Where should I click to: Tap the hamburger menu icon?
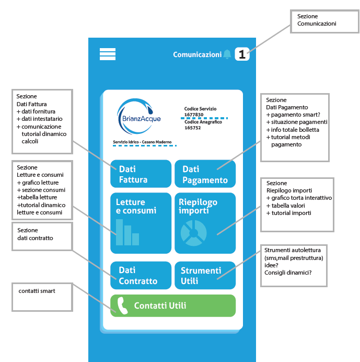tap(107, 54)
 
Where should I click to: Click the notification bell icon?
tap(227, 54)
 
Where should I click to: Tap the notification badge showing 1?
tap(242, 54)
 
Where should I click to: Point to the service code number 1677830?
tap(194, 114)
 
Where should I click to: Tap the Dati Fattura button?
tap(141, 174)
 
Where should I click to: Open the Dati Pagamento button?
tap(205, 174)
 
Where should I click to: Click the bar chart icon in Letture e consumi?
tap(127, 233)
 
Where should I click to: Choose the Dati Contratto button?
tap(141, 275)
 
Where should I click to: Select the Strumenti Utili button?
tap(205, 275)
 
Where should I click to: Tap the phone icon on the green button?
tap(123, 306)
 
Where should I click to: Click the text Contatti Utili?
tap(160, 306)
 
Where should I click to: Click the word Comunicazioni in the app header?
tap(197, 54)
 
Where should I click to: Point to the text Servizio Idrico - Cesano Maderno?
tap(138, 142)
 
